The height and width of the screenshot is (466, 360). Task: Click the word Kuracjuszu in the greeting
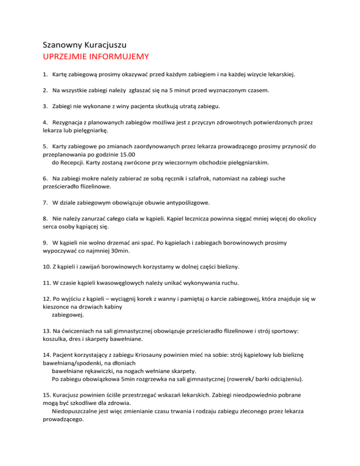point(105,46)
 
